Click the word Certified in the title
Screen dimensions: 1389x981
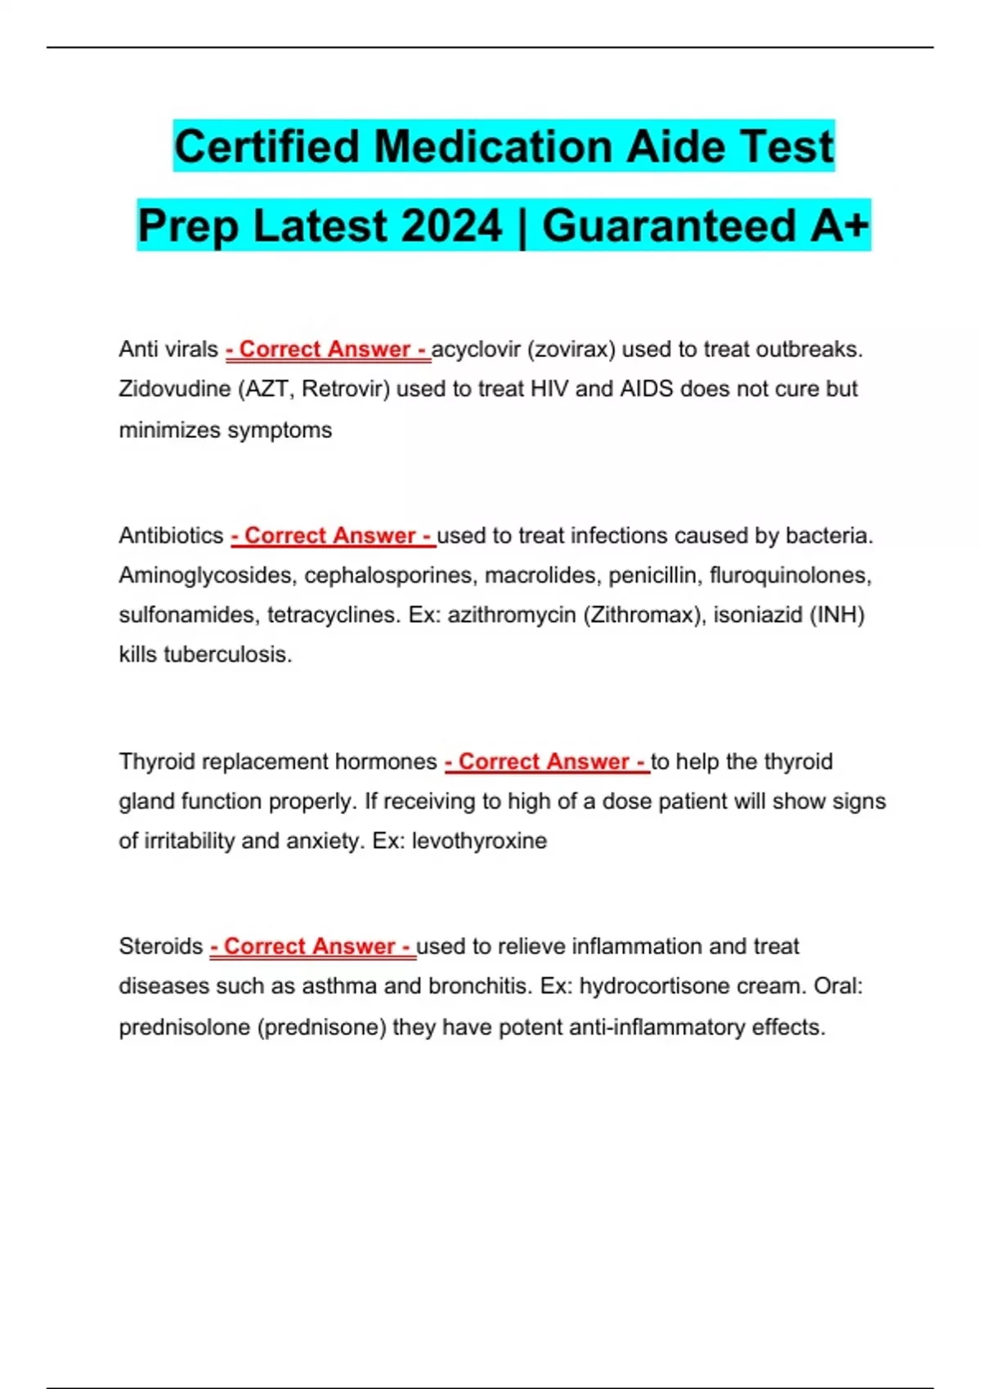[268, 147]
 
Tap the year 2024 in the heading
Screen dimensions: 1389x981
[451, 226]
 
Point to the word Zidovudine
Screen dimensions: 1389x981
[174, 389]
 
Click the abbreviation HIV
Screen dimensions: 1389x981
[549, 389]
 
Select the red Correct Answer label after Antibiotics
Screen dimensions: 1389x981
[333, 536]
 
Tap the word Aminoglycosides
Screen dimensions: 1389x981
[208, 576]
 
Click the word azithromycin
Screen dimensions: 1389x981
[512, 615]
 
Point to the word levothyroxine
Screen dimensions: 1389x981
[479, 841]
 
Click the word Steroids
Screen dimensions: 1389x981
[160, 946]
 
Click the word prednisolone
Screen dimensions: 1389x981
[184, 1027]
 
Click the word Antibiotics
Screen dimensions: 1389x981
[171, 536]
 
